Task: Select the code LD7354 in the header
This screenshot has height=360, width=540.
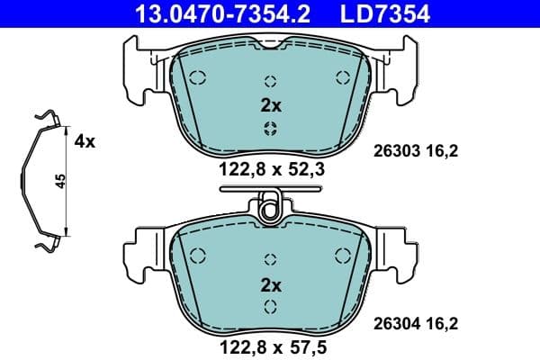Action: tap(382, 13)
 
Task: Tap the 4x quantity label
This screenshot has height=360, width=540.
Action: tap(85, 140)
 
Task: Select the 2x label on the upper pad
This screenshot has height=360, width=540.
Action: tap(270, 105)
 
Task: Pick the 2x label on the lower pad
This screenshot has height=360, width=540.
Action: tap(270, 285)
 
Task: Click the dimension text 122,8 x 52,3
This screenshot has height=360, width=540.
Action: tap(270, 168)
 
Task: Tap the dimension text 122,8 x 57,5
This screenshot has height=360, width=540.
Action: tap(270, 346)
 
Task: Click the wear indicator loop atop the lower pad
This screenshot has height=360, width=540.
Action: tap(270, 210)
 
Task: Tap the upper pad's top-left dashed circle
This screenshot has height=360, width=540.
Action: tap(198, 76)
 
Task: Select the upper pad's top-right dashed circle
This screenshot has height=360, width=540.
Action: tap(342, 76)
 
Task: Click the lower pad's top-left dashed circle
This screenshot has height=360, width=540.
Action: tap(198, 256)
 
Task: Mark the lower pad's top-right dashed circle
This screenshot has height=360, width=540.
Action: tap(342, 256)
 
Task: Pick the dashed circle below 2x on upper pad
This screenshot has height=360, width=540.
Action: tap(270, 128)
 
